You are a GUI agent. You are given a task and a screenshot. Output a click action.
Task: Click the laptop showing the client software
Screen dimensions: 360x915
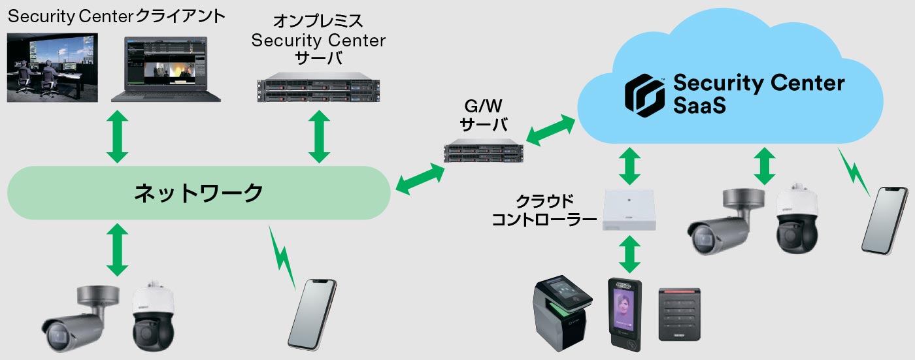tap(165, 70)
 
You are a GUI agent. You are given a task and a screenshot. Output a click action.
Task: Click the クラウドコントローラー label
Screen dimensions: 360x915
tap(542, 210)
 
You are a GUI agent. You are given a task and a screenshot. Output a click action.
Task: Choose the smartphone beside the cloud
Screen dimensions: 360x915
tap(884, 219)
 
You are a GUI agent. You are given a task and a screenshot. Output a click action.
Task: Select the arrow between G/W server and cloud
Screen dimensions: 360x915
tap(550, 130)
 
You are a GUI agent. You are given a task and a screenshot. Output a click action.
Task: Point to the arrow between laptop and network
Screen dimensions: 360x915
tap(118, 137)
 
